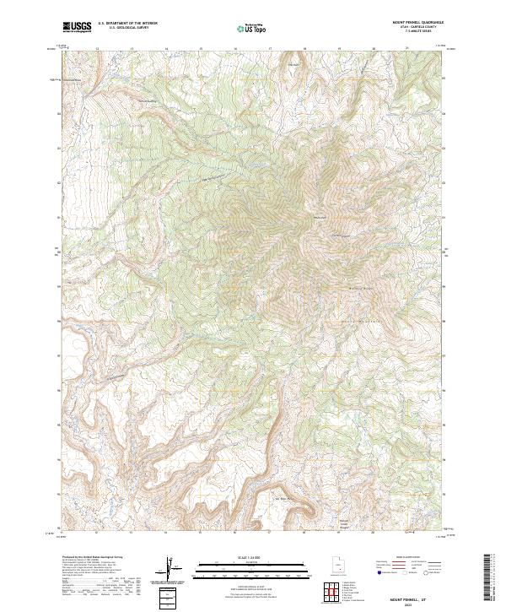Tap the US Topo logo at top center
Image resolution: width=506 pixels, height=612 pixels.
coord(252,28)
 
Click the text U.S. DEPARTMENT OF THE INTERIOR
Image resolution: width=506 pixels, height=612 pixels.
coord(127,24)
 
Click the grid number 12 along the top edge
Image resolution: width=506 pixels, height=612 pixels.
coord(98,49)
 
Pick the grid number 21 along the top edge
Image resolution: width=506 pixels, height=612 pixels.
coord(407,49)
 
